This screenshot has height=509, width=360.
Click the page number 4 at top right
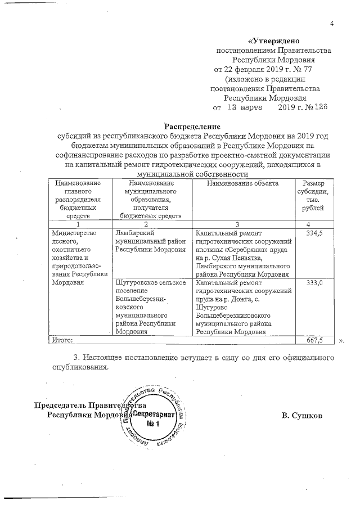tap(332, 24)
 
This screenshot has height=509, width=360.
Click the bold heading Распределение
tap(192, 126)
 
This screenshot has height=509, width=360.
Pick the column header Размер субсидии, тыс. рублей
tap(313, 197)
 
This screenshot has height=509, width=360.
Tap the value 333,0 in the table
tap(313, 283)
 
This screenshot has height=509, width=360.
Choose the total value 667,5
tap(313, 340)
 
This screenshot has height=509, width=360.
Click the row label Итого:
tap(62, 340)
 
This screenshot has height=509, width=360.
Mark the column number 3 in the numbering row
tap(242, 224)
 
